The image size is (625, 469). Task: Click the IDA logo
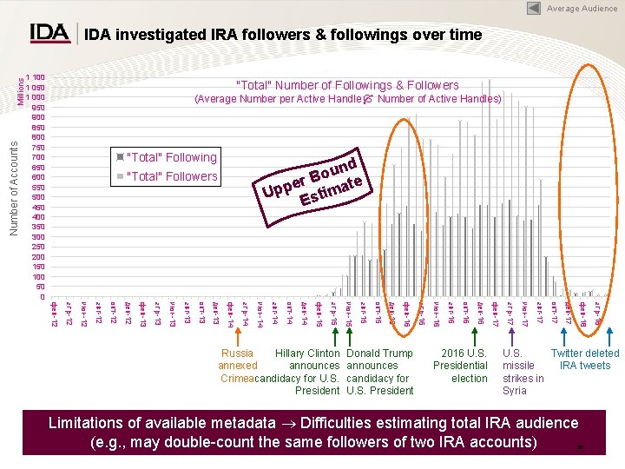(x=50, y=33)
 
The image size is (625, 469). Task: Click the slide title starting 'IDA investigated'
(x=282, y=35)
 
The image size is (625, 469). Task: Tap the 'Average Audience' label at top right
(x=582, y=9)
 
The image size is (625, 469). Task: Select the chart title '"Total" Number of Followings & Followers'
(x=347, y=85)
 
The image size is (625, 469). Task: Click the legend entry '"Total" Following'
(x=171, y=157)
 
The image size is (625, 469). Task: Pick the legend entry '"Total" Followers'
(x=171, y=176)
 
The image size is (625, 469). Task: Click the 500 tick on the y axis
(x=36, y=197)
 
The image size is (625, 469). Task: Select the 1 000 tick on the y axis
(x=35, y=97)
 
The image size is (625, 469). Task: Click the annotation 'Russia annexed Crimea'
(x=238, y=366)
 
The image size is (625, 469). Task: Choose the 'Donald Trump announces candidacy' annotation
(x=379, y=372)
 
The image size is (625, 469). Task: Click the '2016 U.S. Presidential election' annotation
(x=464, y=366)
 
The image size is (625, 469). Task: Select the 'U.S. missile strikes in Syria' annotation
(x=523, y=372)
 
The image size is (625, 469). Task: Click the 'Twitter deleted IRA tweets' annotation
(x=585, y=360)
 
